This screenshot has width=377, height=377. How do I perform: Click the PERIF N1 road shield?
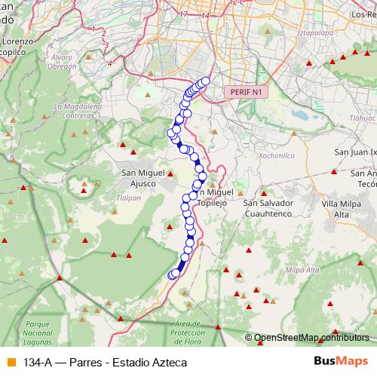click(245, 92)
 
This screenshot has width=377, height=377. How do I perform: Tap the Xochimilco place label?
click(257, 155)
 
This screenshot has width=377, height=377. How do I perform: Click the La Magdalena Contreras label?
click(78, 111)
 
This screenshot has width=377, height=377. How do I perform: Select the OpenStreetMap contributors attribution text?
click(311, 338)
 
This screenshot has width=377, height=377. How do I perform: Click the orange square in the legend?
click(10, 362)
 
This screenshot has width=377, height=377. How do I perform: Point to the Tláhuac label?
click(363, 118)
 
